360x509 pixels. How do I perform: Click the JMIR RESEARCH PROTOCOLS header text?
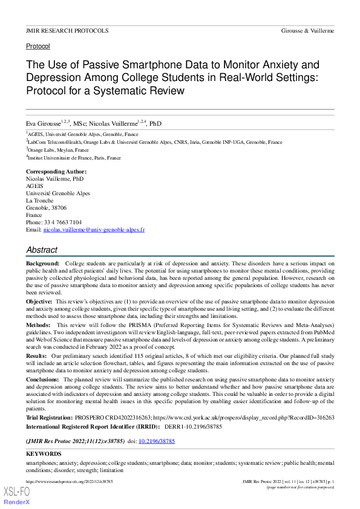point(67,30)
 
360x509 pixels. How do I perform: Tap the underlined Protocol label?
point(38,46)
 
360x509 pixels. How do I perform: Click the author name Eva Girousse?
point(45,124)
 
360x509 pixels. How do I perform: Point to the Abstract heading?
point(42,250)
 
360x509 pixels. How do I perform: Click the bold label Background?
point(42,264)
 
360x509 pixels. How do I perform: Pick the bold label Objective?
point(39,300)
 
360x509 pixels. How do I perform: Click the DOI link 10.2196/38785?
point(157,442)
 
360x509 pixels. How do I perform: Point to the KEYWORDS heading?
point(44,453)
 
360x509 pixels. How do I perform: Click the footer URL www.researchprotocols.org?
point(70,481)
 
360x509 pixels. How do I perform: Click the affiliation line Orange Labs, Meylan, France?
point(58,149)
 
